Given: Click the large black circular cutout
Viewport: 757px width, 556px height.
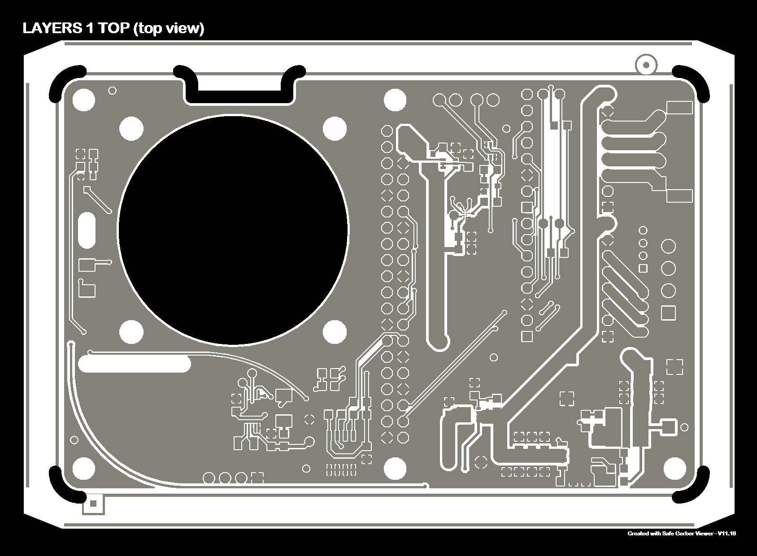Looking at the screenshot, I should pos(233,230).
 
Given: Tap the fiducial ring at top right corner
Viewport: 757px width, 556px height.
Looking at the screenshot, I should pos(646,65).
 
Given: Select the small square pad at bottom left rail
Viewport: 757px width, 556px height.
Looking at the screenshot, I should pos(93,504).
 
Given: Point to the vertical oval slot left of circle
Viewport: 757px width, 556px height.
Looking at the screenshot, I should pos(87,230).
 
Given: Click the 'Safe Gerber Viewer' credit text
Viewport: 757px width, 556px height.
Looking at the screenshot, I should pos(682,534).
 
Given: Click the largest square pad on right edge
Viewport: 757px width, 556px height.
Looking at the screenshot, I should pos(668,313).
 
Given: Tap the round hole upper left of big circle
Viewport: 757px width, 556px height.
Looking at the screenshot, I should pos(132,129).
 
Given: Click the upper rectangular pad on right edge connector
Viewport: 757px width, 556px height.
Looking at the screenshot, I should pos(679,108).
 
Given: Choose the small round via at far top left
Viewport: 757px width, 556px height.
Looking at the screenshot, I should pos(113,91).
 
